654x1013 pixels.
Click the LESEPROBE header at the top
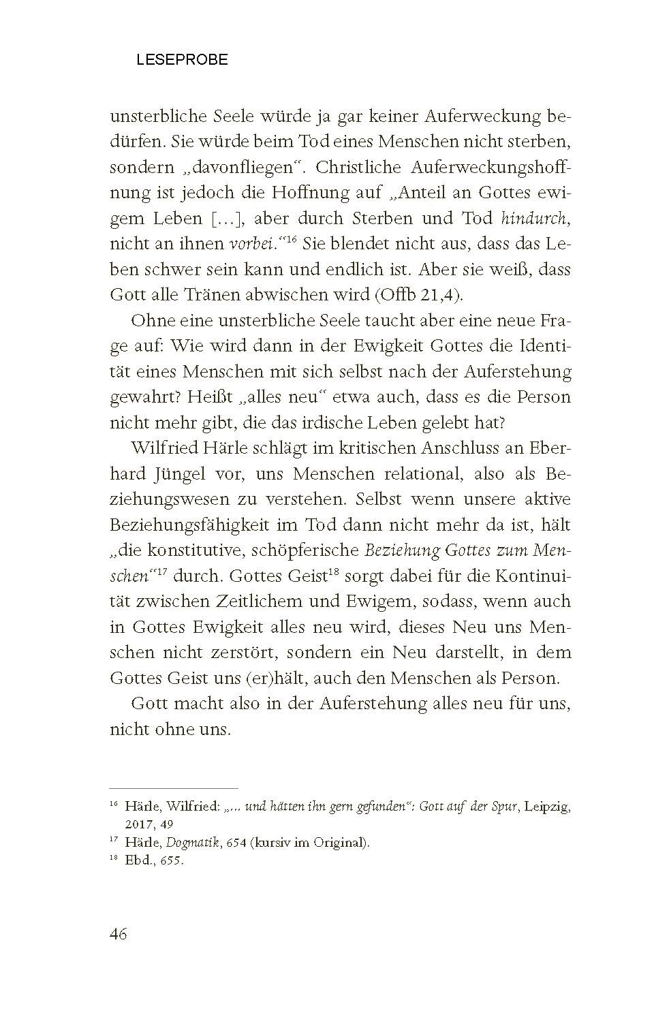[x=182, y=60]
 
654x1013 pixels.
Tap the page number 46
[x=119, y=933]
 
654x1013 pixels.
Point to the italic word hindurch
[x=534, y=218]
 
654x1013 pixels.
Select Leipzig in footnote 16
[x=548, y=807]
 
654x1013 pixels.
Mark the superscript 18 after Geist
[x=334, y=571]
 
